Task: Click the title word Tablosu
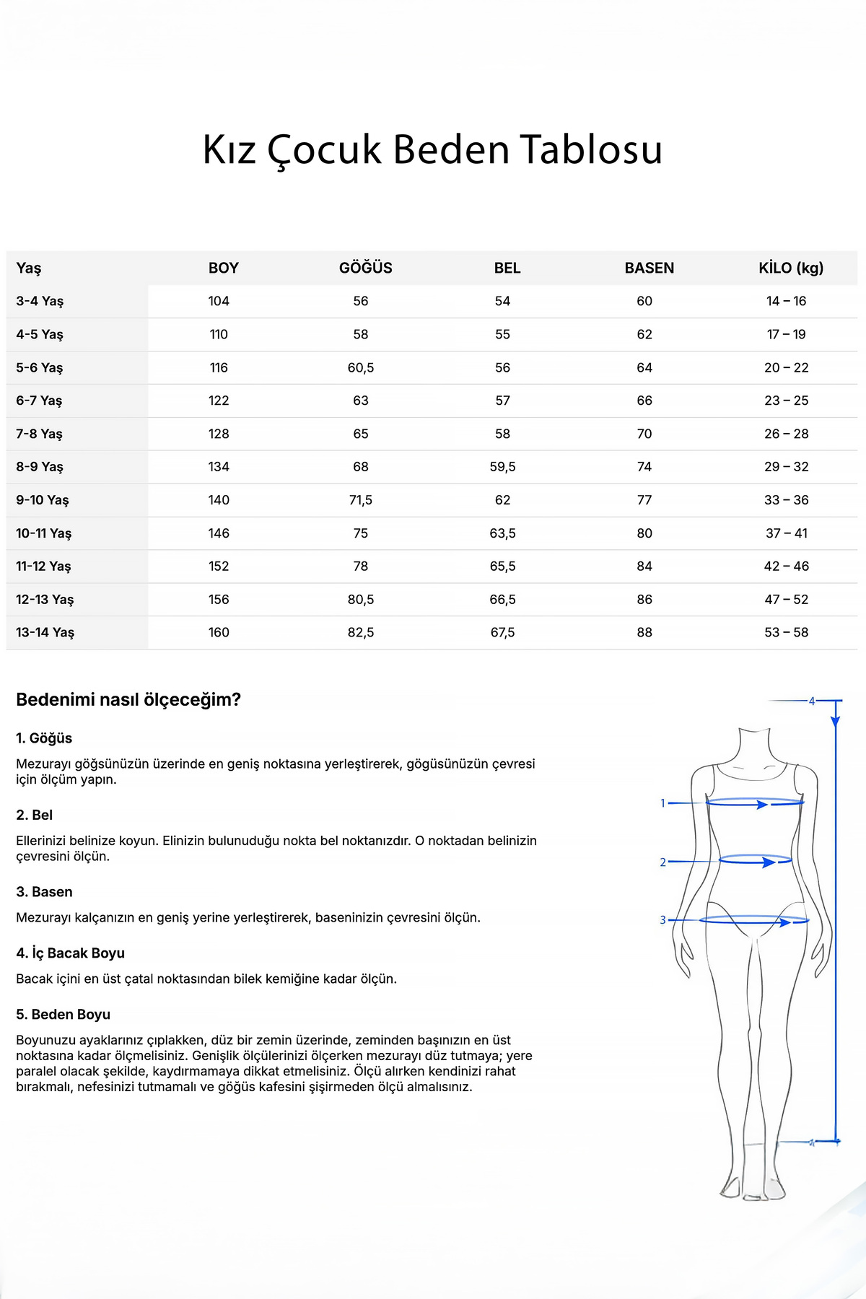591,150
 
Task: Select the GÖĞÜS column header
365,268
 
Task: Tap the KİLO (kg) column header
790,268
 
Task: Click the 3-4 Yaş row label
40,301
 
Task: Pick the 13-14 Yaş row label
45,632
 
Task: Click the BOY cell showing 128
219,434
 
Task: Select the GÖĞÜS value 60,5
361,367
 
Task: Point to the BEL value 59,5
502,467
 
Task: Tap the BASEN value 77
644,500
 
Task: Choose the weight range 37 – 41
787,533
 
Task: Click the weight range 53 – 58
787,632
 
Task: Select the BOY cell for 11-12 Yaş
219,567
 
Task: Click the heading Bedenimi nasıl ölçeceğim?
128,699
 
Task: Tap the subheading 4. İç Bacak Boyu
70,953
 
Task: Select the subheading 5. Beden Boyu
63,1015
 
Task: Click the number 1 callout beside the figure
662,803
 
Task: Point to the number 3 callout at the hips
662,920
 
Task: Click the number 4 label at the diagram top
811,701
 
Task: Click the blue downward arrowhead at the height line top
836,720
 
